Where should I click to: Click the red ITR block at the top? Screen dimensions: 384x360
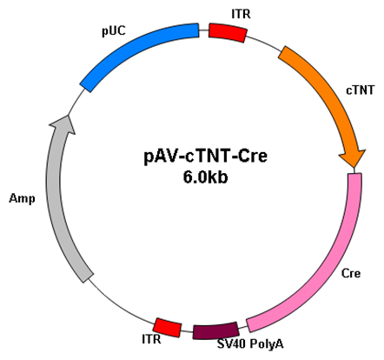pyautogui.click(x=228, y=32)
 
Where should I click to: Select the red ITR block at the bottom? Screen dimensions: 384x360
pyautogui.click(x=168, y=328)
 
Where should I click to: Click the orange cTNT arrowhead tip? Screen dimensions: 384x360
pyautogui.click(x=354, y=168)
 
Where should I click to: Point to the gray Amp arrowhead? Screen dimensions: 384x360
pyautogui.click(x=64, y=124)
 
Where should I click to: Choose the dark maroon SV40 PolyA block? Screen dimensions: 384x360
pyautogui.click(x=215, y=330)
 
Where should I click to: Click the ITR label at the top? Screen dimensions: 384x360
pyautogui.click(x=241, y=14)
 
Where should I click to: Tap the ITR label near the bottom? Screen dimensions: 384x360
pyautogui.click(x=151, y=339)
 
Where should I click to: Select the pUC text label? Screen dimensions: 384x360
pyautogui.click(x=114, y=31)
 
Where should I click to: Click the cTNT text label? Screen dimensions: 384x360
pyautogui.click(x=361, y=90)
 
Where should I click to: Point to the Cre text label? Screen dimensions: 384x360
pyautogui.click(x=351, y=273)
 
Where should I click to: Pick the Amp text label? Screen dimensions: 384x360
pyautogui.click(x=22, y=199)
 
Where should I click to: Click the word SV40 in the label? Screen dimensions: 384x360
pyautogui.click(x=231, y=344)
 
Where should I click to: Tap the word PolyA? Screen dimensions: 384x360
pyautogui.click(x=267, y=344)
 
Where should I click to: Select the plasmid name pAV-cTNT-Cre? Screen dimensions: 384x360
pyautogui.click(x=206, y=157)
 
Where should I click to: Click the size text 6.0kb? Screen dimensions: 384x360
pyautogui.click(x=205, y=177)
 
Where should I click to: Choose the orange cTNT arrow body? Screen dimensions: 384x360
pyautogui.click(x=321, y=96)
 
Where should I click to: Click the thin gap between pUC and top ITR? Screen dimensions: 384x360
pyautogui.click(x=204, y=30)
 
